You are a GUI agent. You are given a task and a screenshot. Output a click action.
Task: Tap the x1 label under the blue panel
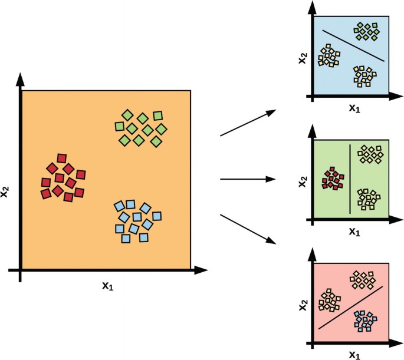tap(354, 110)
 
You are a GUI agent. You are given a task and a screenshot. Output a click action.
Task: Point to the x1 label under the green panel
tap(354, 232)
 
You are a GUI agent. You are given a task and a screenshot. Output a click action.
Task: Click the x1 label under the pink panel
tap(354, 354)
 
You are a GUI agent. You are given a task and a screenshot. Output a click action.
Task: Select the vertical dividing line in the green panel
tap(350, 178)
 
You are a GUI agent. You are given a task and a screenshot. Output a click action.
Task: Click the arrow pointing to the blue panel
tap(248, 123)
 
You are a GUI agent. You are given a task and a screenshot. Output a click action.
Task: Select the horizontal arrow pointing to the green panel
tap(248, 179)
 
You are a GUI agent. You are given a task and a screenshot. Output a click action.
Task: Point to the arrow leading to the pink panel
tap(248, 229)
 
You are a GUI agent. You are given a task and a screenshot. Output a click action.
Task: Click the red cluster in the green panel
tap(333, 177)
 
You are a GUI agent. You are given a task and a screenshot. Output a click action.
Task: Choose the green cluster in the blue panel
tap(366, 31)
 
